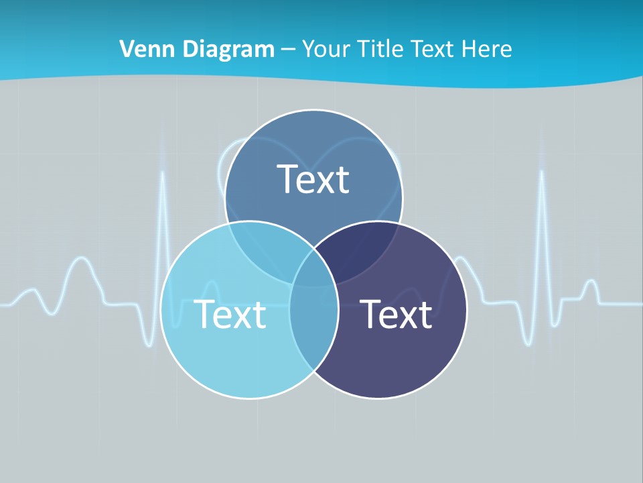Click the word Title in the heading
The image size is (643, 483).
pos(381,48)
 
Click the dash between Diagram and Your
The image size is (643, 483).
pos(288,50)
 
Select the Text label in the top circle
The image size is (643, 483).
pos(313,179)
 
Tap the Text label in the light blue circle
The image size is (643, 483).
pos(230,314)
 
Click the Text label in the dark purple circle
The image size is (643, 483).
pos(396,314)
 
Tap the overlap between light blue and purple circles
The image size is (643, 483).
pos(313,322)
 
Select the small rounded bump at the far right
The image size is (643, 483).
pos(590,285)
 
